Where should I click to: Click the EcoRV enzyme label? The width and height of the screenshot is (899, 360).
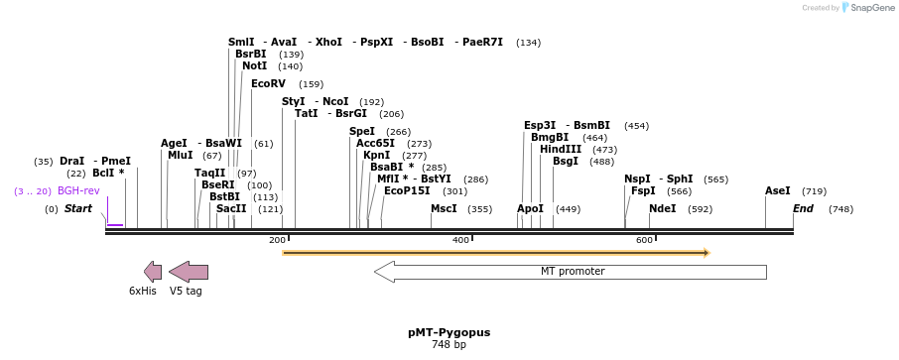268,84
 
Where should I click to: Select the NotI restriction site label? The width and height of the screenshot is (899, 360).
254,66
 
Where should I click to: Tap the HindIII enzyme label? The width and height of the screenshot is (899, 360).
561,150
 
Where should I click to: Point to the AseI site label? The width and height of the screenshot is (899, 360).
778,191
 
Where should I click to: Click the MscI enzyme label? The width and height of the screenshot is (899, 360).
444,209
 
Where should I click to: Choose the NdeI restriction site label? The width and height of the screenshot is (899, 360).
662,209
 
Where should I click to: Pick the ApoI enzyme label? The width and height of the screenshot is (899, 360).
531,209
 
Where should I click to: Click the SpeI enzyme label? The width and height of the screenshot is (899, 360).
362,132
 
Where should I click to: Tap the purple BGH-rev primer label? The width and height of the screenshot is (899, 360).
78,191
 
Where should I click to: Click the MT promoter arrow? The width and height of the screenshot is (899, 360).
571,272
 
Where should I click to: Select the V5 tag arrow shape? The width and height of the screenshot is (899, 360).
188,272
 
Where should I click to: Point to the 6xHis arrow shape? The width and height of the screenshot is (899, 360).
152,272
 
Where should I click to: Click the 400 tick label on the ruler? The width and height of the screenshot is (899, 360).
460,240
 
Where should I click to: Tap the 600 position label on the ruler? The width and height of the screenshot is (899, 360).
644,240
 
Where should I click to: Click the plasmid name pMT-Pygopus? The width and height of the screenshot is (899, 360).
449,333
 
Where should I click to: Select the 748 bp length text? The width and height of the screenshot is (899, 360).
449,345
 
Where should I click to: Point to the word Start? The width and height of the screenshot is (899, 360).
78,209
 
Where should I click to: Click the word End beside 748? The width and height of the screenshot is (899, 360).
803,209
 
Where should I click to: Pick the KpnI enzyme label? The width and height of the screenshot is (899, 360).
376,156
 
